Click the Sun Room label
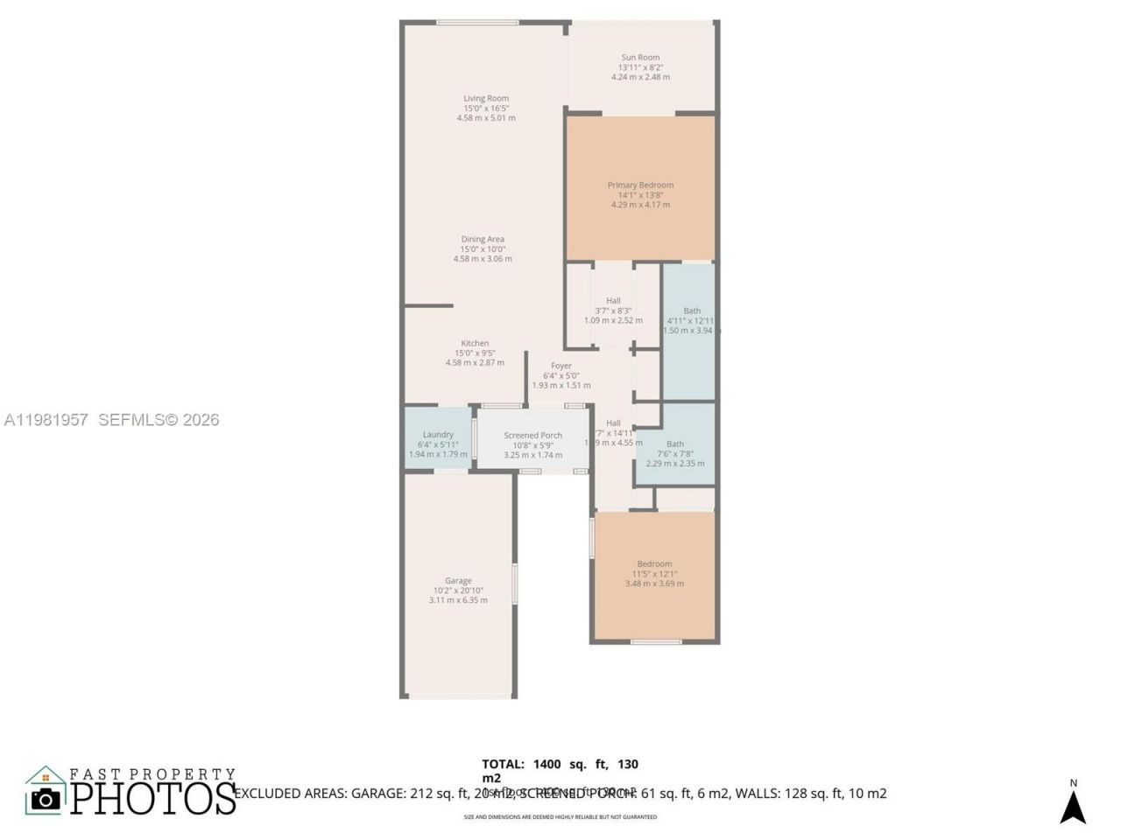click(640, 58)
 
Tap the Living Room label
click(486, 99)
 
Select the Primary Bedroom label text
click(640, 185)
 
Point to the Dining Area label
click(483, 240)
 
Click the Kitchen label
click(475, 344)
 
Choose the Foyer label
click(561, 367)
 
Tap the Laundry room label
click(438, 435)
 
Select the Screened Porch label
click(532, 436)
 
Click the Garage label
click(458, 581)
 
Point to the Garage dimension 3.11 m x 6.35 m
click(458, 600)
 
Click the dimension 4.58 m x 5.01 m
click(486, 118)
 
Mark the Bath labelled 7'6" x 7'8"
click(674, 444)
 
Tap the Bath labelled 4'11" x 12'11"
click(692, 311)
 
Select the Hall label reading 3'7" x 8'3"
click(613, 301)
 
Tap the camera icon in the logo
click(46, 798)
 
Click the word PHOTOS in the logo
click(153, 798)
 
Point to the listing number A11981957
click(46, 420)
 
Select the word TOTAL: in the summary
click(503, 764)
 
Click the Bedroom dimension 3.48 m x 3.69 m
click(654, 584)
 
